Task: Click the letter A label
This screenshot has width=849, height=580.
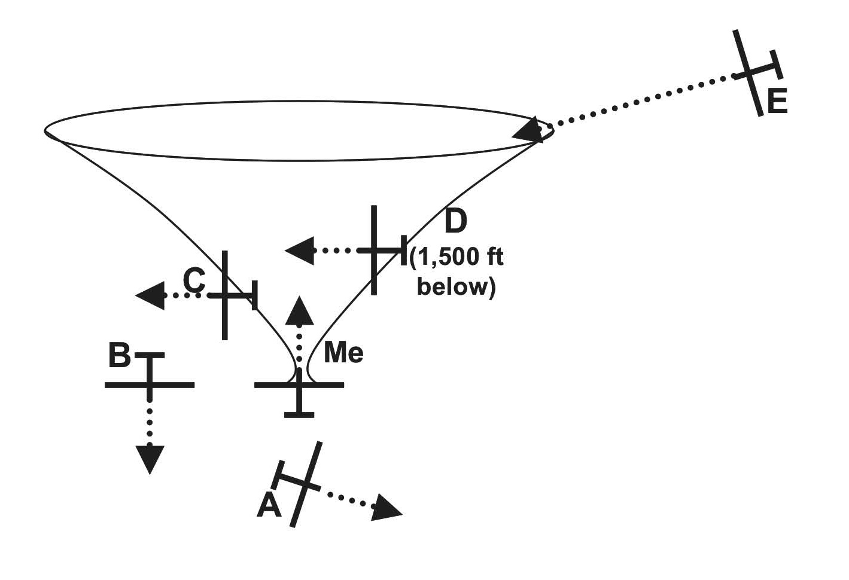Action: (x=269, y=506)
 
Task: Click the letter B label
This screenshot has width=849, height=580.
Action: (x=120, y=356)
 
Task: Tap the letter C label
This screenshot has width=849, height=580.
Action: (x=194, y=279)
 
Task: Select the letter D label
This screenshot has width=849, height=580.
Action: (x=455, y=222)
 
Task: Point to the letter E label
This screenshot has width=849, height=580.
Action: (x=777, y=102)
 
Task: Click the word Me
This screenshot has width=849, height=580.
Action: (x=343, y=353)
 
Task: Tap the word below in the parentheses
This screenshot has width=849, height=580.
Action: (x=456, y=287)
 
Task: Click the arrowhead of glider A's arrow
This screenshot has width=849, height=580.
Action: (x=386, y=509)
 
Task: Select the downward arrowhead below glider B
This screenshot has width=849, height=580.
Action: (x=150, y=459)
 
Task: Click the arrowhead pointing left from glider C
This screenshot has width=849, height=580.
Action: (x=150, y=295)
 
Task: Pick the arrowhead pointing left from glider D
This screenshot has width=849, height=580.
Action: (x=300, y=251)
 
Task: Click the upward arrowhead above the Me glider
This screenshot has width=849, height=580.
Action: (x=299, y=311)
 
